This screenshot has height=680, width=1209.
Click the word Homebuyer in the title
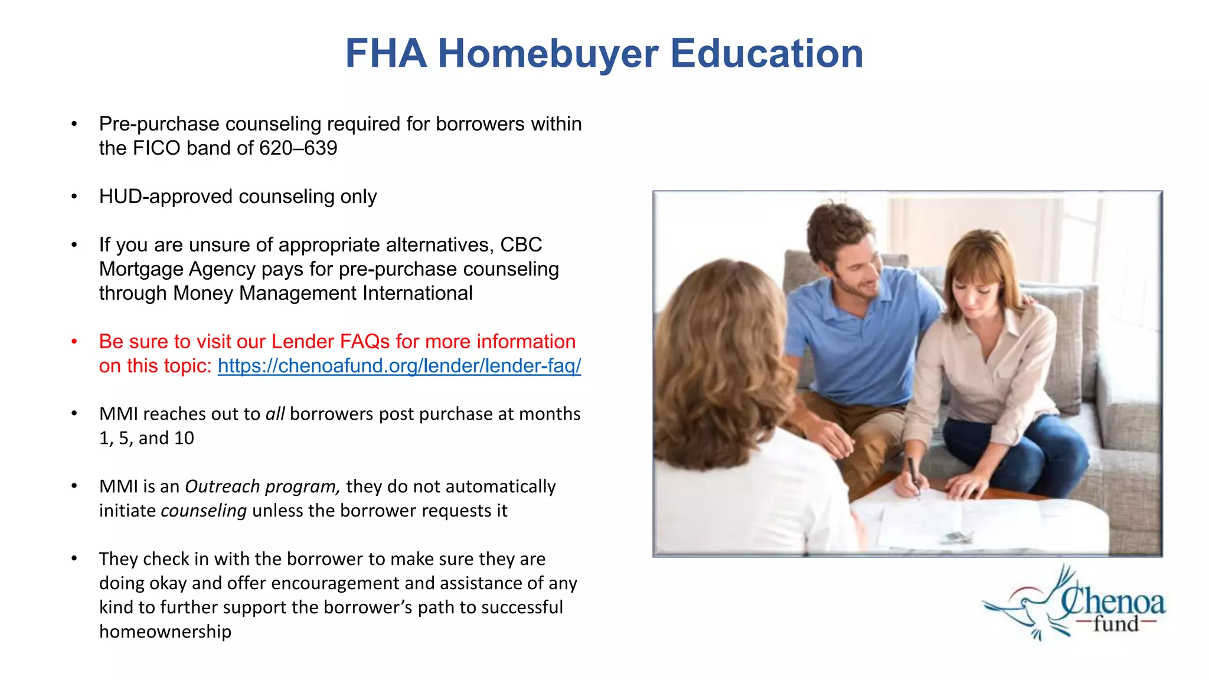547,54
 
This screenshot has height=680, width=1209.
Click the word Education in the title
766,54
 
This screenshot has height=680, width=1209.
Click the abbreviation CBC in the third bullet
521,245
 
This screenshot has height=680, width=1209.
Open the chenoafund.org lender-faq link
399,366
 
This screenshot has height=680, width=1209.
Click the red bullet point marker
74,342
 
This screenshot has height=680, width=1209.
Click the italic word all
275,414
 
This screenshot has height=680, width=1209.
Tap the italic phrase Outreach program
262,487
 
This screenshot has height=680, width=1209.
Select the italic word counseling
204,511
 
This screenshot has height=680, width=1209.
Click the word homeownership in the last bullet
165,632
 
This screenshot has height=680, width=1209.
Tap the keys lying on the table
956,537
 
